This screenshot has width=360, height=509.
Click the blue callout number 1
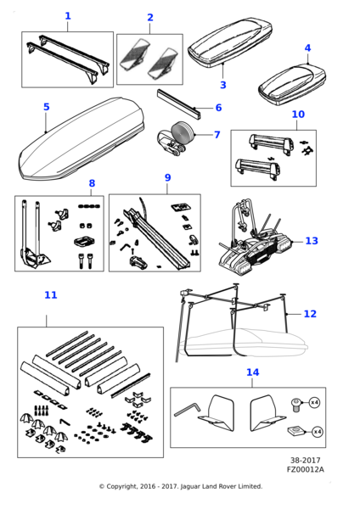tap(68, 16)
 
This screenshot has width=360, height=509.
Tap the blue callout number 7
tap(217, 134)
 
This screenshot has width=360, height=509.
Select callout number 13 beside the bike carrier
tap(312, 241)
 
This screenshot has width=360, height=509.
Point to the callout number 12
tap(310, 314)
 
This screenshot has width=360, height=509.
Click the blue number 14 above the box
tap(253, 372)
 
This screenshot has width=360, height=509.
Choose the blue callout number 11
tap(51, 294)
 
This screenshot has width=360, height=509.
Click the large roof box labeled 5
tap(82, 139)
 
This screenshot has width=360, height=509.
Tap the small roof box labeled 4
tap(292, 84)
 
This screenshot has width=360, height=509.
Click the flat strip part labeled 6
tap(178, 103)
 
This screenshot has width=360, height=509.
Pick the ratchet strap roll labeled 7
tap(176, 139)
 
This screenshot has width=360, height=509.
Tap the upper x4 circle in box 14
tap(314, 402)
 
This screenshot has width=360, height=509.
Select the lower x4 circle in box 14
tap(318, 432)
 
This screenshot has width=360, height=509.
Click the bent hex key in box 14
tap(188, 410)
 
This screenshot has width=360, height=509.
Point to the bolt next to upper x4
tap(296, 406)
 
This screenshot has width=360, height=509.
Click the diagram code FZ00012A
tap(305, 469)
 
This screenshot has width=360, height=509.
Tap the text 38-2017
tap(305, 461)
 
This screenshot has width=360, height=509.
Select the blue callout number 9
tap(167, 177)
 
